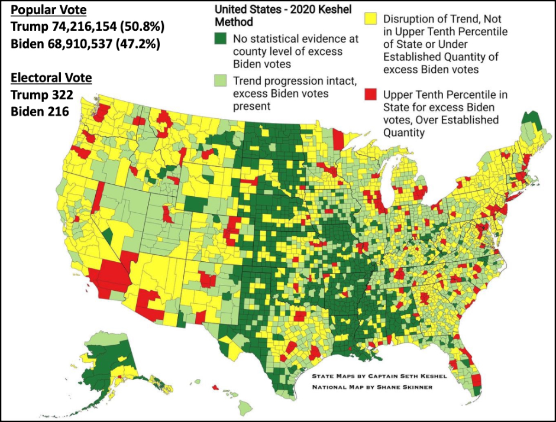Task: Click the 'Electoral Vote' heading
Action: pyautogui.click(x=51, y=77)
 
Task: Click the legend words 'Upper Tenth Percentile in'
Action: pyautogui.click(x=445, y=95)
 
